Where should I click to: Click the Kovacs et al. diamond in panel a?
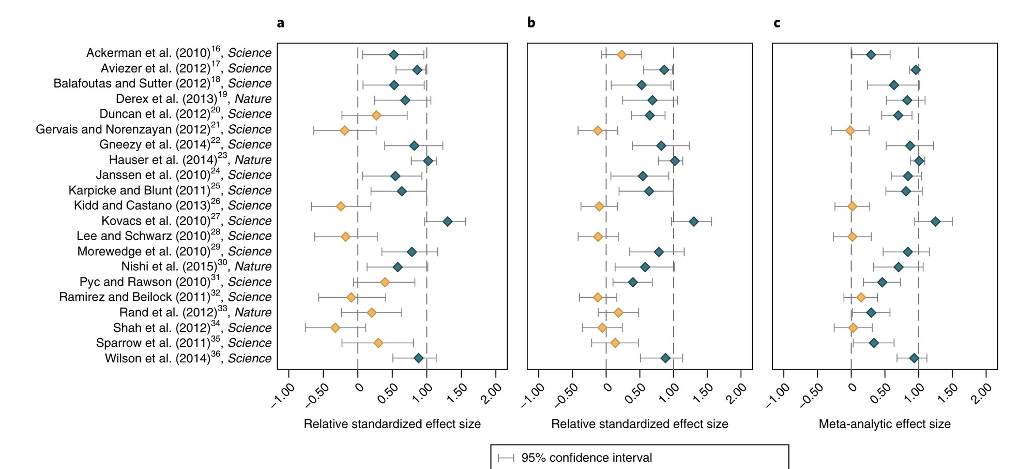(x=447, y=222)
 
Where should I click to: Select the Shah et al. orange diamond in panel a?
(x=335, y=328)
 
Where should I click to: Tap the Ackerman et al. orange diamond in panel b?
(x=621, y=55)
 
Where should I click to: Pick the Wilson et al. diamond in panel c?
(x=914, y=358)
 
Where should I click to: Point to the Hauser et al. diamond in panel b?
(x=675, y=161)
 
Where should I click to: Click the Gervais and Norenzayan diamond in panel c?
(x=850, y=130)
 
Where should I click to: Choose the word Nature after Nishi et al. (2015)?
(x=253, y=267)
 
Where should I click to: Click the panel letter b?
(x=531, y=23)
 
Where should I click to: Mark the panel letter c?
(x=777, y=23)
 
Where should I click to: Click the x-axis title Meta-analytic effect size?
(x=885, y=424)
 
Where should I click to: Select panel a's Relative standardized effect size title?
(x=392, y=424)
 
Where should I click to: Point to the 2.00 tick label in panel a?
(x=491, y=393)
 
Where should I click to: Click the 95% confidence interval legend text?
(x=586, y=458)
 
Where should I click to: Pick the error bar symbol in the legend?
(x=506, y=458)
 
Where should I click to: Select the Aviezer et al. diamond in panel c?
(x=916, y=70)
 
